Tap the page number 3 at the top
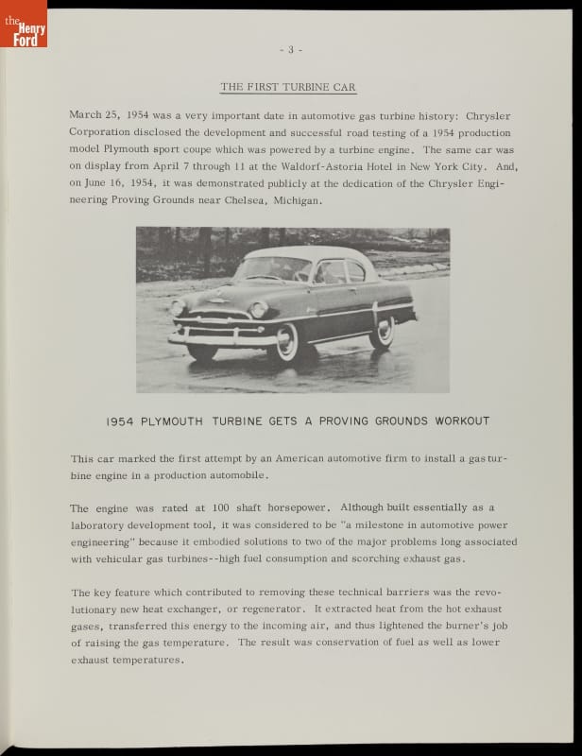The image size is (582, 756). [290, 49]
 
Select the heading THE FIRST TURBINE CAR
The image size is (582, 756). [288, 88]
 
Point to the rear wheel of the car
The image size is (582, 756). [383, 332]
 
